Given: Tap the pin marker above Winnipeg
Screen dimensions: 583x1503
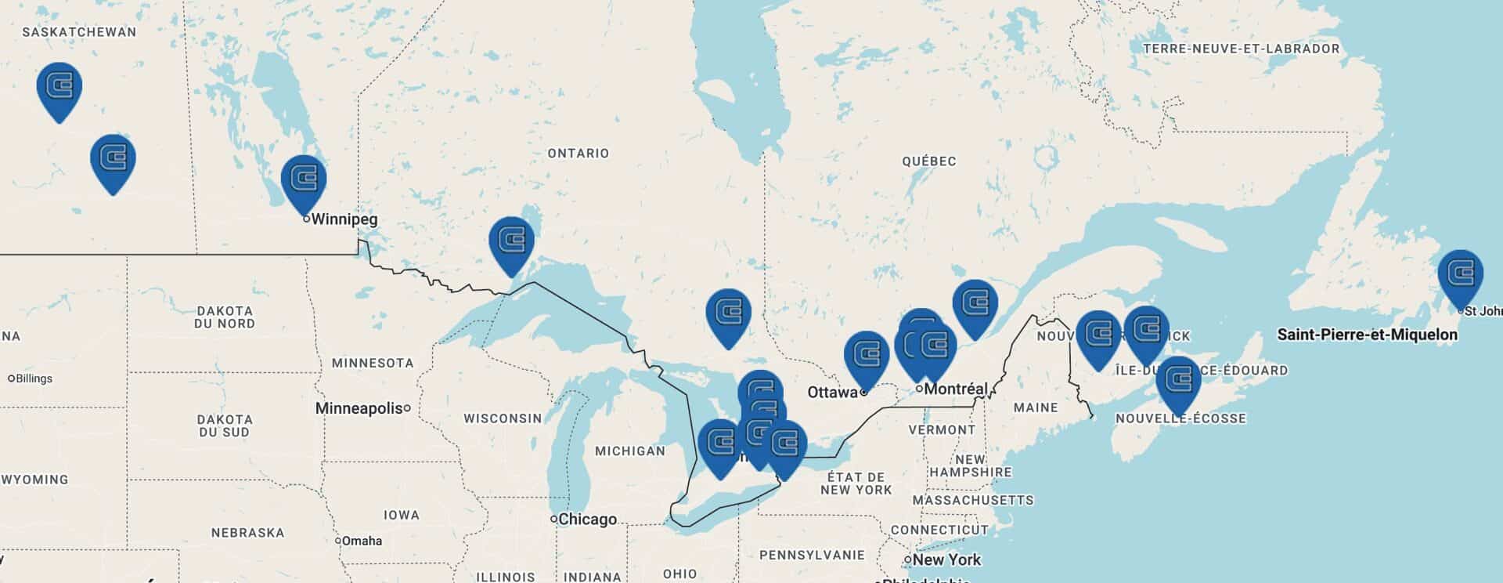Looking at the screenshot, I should (x=304, y=179).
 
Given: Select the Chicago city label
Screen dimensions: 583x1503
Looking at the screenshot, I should (x=587, y=519).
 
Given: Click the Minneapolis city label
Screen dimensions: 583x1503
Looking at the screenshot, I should (x=359, y=408).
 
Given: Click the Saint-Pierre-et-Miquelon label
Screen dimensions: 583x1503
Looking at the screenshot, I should (x=1367, y=335).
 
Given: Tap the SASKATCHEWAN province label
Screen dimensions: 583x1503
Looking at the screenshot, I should (x=79, y=32).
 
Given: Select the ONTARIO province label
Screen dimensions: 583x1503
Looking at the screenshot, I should (x=578, y=154).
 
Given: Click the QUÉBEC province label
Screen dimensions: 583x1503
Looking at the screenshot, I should (x=928, y=161).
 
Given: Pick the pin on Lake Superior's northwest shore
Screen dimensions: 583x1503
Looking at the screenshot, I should (x=511, y=241).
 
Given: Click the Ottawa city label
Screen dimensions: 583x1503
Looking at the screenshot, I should (x=833, y=391).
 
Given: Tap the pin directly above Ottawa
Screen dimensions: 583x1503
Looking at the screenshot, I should (x=867, y=356).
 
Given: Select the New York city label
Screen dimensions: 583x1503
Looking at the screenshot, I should (x=946, y=559).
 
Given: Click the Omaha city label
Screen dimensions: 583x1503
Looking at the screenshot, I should (x=362, y=541).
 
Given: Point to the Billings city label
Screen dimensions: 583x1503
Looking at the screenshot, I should (x=34, y=378).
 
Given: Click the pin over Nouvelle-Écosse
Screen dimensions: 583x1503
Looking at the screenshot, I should (x=1178, y=380).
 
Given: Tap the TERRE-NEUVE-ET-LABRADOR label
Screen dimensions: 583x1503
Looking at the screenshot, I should (x=1241, y=49).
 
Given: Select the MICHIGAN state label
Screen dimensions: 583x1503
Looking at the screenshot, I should (x=629, y=451).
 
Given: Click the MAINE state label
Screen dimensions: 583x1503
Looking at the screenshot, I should (x=1035, y=407).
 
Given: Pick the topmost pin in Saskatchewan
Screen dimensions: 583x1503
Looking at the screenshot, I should (x=59, y=85).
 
